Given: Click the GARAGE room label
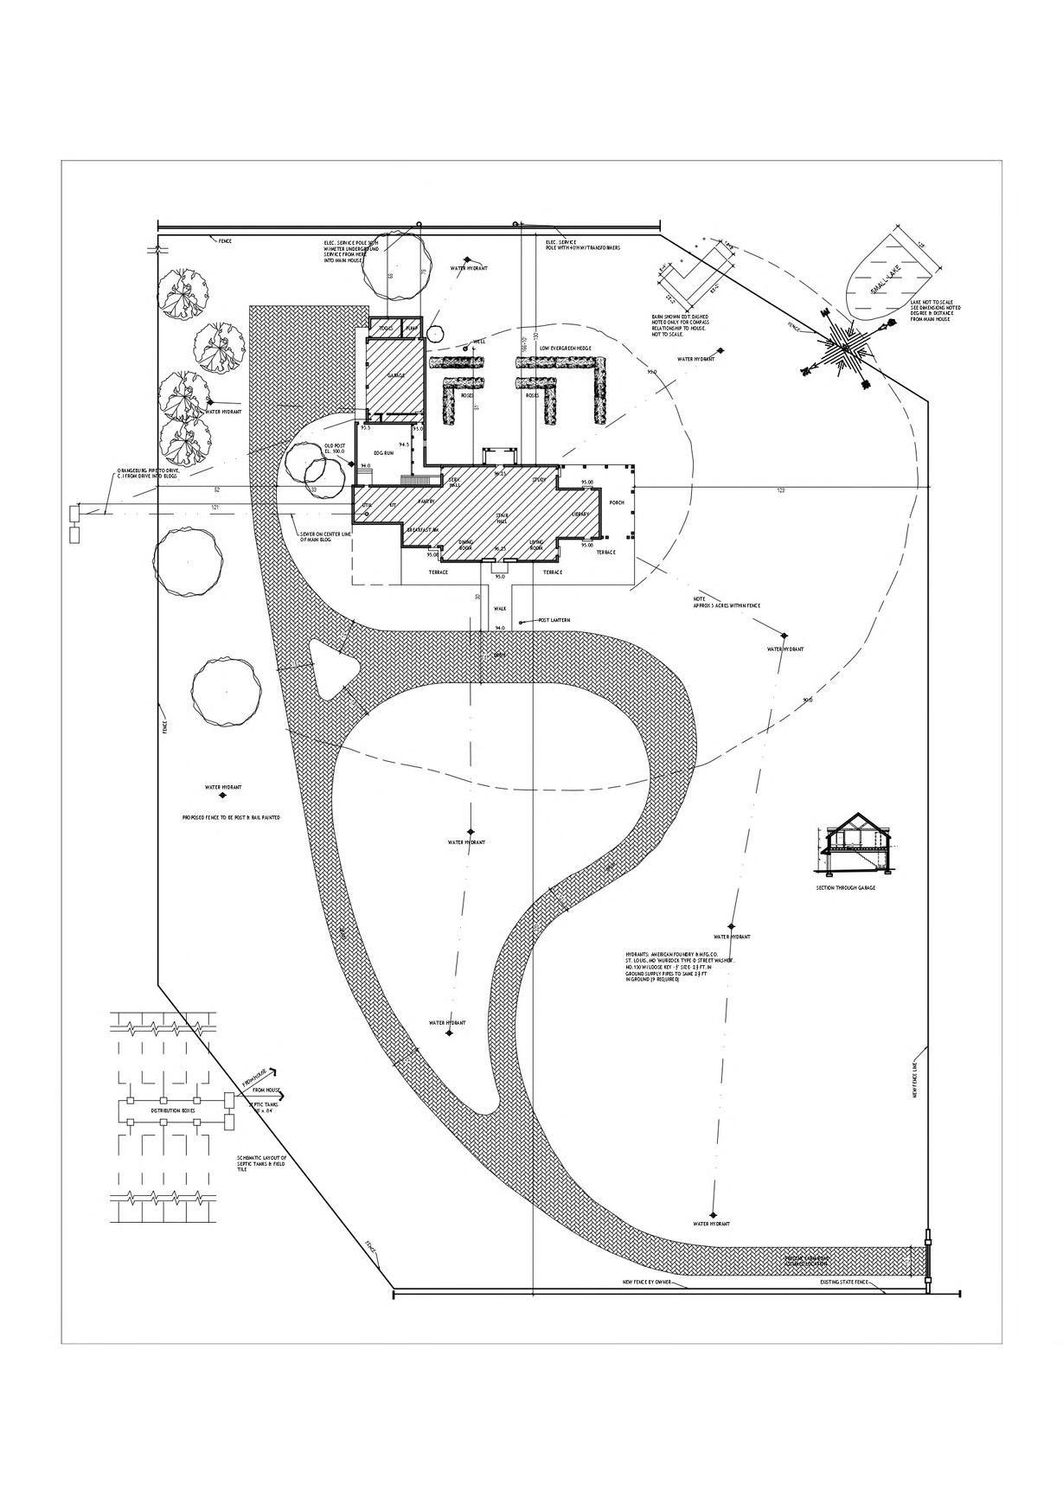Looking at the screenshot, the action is [x=396, y=375].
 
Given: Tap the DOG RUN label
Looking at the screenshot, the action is [x=384, y=453].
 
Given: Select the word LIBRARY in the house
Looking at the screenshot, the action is [x=580, y=515].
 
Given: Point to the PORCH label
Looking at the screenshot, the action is [x=617, y=502].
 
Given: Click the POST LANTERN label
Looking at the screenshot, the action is [x=554, y=620].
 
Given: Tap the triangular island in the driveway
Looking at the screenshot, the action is [x=329, y=667].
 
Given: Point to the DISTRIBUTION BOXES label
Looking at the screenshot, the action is [x=173, y=1110].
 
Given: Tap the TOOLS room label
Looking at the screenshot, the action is [x=385, y=329].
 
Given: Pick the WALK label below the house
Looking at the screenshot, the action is [x=499, y=607].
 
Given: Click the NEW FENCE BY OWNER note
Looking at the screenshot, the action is [x=647, y=1281].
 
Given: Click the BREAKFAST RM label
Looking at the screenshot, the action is [x=425, y=528].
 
